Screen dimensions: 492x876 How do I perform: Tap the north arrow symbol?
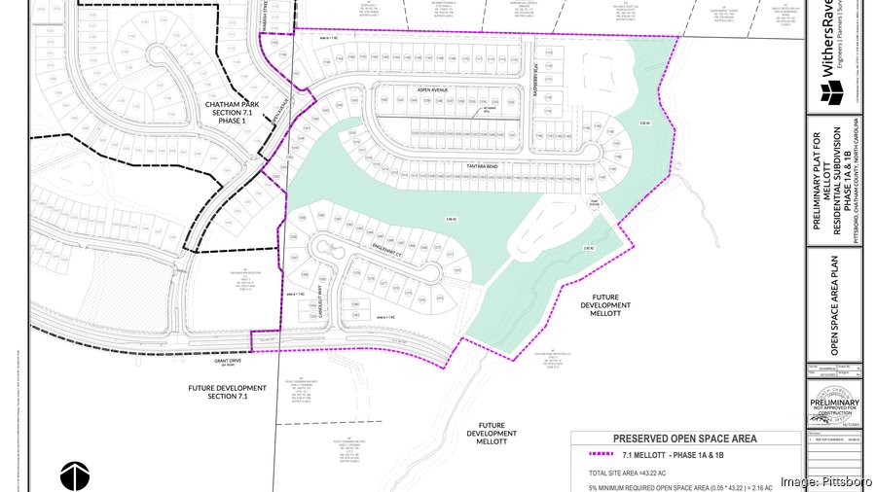(74, 476)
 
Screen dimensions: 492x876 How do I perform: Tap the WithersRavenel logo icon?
(833, 93)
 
